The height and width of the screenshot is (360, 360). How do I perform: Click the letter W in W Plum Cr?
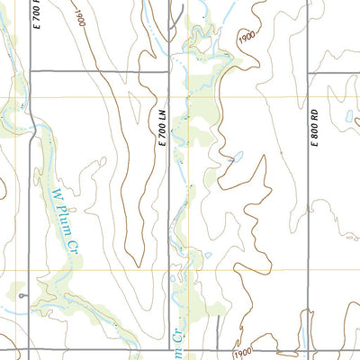(x=53, y=193)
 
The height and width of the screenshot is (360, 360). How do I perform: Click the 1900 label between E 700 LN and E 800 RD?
(x=247, y=39)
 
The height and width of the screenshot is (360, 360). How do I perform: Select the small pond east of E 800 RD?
(x=347, y=115)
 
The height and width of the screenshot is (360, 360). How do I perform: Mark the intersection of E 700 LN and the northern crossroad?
(x=171, y=71)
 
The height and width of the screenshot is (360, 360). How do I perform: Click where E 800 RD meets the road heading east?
(x=309, y=71)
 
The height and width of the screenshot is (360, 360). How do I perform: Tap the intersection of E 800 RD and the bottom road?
(x=309, y=350)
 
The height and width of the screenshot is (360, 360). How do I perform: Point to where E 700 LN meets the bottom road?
(x=171, y=350)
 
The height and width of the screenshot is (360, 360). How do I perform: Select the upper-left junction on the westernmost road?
(x=31, y=71)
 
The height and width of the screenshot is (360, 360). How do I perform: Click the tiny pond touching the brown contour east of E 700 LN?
(x=238, y=157)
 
